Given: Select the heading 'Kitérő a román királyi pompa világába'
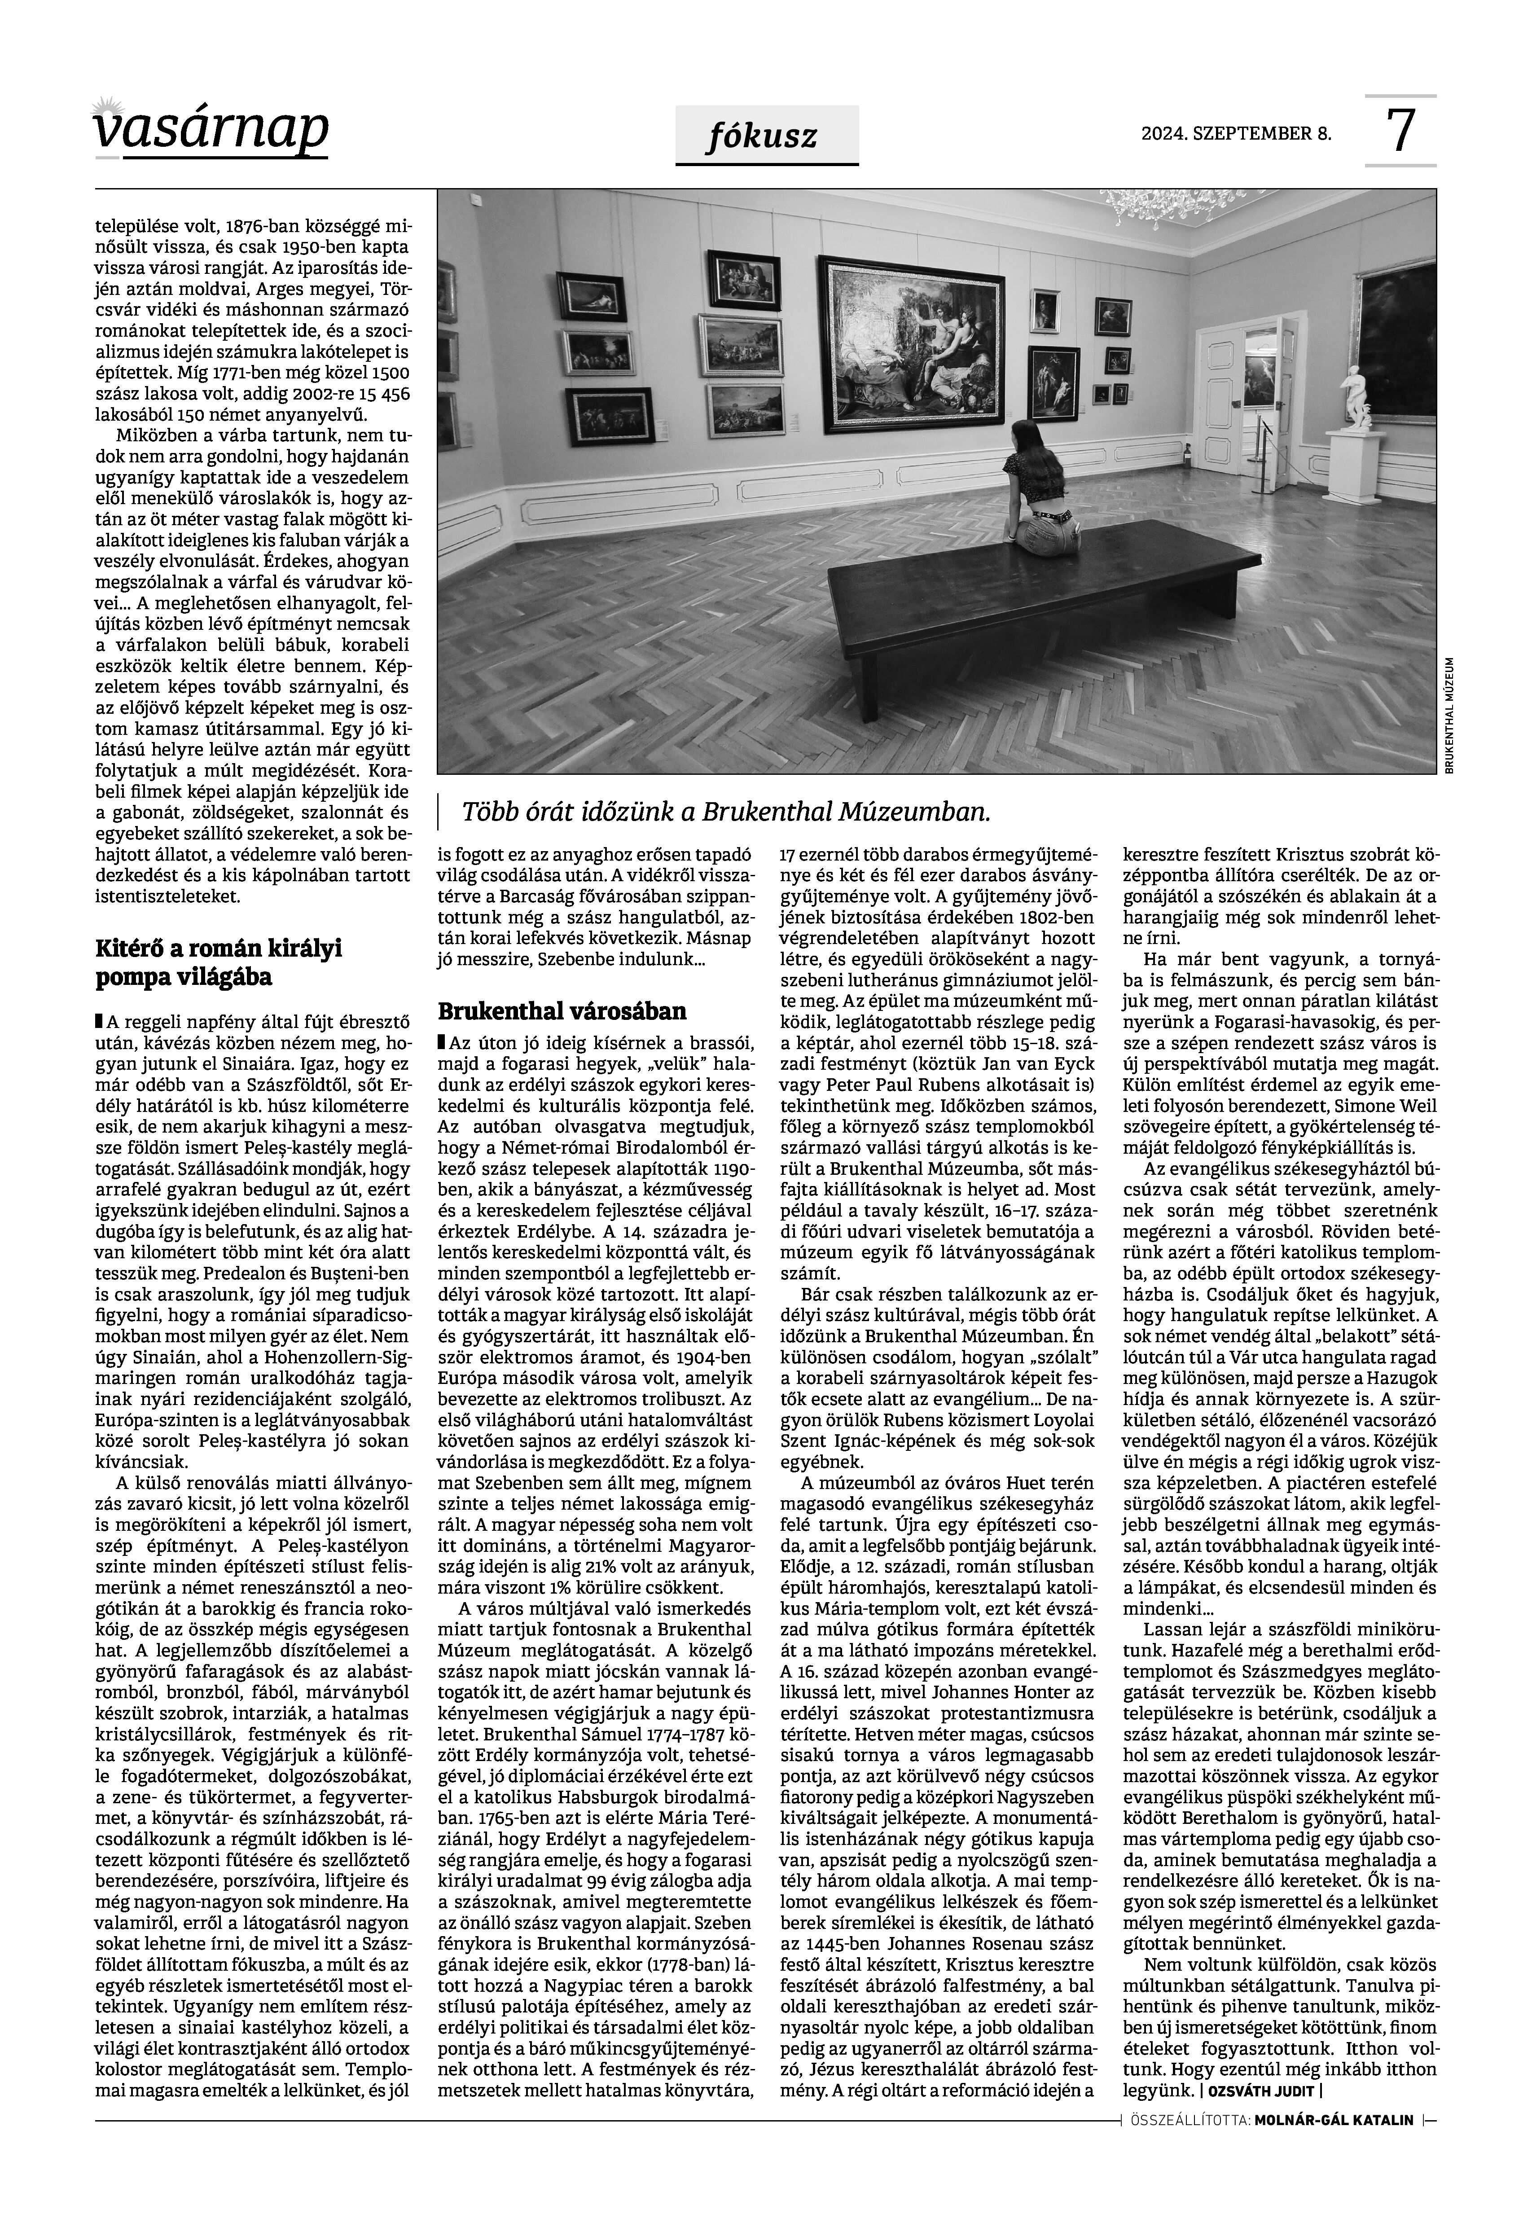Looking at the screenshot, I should [219, 963].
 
